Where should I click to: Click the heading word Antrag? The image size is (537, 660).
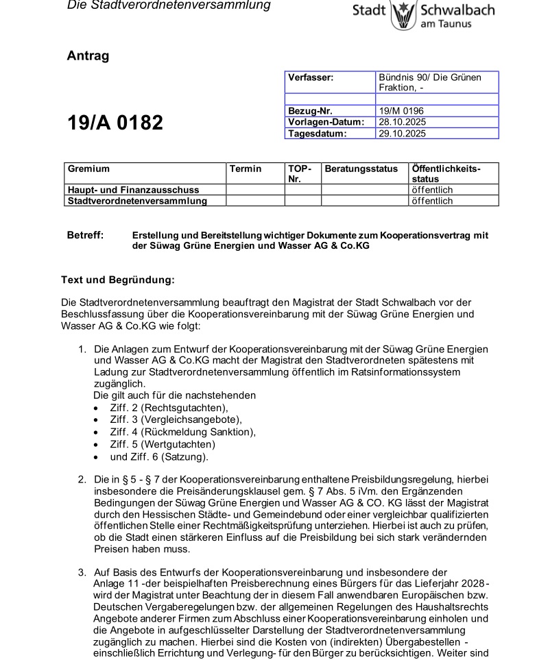(88, 56)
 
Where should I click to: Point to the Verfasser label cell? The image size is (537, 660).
(310, 78)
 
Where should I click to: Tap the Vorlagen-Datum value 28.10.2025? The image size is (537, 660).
(403, 121)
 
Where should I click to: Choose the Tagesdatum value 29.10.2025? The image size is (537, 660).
(403, 133)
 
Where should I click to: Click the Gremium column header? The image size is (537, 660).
(88, 169)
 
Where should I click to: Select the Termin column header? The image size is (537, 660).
(246, 169)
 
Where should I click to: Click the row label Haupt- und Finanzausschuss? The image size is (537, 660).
(133, 190)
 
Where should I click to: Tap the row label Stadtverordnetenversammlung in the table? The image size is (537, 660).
(137, 201)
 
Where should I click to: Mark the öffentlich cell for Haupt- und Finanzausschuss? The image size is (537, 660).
(432, 190)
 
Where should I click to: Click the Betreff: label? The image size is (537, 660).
(85, 235)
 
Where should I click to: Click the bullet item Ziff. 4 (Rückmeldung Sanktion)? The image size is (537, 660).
(182, 431)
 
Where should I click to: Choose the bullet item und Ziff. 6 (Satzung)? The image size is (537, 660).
(159, 456)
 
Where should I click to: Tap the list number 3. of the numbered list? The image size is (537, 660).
(82, 572)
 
